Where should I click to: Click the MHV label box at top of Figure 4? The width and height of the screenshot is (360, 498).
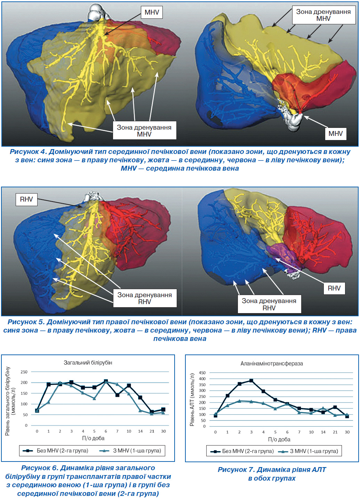click(152, 12)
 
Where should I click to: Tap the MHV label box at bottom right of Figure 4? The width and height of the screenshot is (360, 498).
click(336, 133)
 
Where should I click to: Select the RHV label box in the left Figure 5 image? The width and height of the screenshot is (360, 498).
click(26, 199)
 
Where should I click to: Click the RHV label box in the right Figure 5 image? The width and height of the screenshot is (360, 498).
click(334, 288)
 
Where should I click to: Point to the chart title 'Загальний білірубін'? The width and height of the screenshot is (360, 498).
click(88, 362)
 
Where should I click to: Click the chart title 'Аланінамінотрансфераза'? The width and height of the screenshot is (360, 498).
click(272, 364)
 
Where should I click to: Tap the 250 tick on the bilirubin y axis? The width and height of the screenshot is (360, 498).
click(24, 372)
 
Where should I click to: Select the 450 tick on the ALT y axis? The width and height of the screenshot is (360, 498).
click(202, 373)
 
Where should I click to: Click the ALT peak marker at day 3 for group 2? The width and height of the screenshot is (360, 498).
click(251, 381)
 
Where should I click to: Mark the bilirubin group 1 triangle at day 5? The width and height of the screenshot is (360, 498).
click(94, 398)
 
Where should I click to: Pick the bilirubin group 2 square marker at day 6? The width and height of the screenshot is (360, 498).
click(106, 381)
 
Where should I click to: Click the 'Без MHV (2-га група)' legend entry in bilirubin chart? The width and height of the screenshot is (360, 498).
click(56, 451)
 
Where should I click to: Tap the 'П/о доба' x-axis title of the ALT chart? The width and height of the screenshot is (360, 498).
click(279, 439)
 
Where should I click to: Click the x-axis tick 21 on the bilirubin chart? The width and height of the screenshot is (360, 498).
click(152, 431)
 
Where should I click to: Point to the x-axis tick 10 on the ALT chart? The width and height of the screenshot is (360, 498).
click(311, 432)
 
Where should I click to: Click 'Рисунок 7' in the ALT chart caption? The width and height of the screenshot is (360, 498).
click(236, 470)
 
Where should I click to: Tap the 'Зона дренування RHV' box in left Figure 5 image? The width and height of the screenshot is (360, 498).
click(145, 298)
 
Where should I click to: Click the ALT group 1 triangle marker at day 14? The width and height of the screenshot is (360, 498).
click(323, 408)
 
